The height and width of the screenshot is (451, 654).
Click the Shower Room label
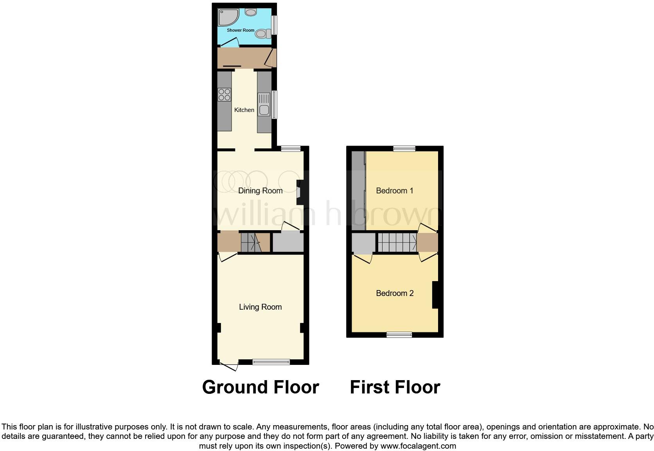tap(241, 30)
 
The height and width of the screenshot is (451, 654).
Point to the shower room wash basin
tap(251, 13)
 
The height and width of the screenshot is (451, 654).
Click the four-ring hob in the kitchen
tap(224, 94)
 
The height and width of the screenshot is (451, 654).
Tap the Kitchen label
tap(244, 110)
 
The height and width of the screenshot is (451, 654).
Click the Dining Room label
tap(260, 191)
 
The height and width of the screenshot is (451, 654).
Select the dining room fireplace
tap(300, 192)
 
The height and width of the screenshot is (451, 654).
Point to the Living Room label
tap(260, 307)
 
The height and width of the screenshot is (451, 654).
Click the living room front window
tap(271, 362)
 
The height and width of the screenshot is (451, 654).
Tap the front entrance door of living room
tap(229, 366)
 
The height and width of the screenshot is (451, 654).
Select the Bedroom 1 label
tap(394, 191)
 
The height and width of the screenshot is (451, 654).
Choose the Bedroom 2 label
tap(394, 293)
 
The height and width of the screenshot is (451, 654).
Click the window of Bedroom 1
tap(404, 148)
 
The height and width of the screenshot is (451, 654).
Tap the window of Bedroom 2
tap(399, 335)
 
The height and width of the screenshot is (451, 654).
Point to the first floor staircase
tap(396, 243)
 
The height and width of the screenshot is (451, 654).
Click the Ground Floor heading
tap(261, 387)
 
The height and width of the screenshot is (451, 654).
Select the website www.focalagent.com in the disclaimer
tap(418, 446)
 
